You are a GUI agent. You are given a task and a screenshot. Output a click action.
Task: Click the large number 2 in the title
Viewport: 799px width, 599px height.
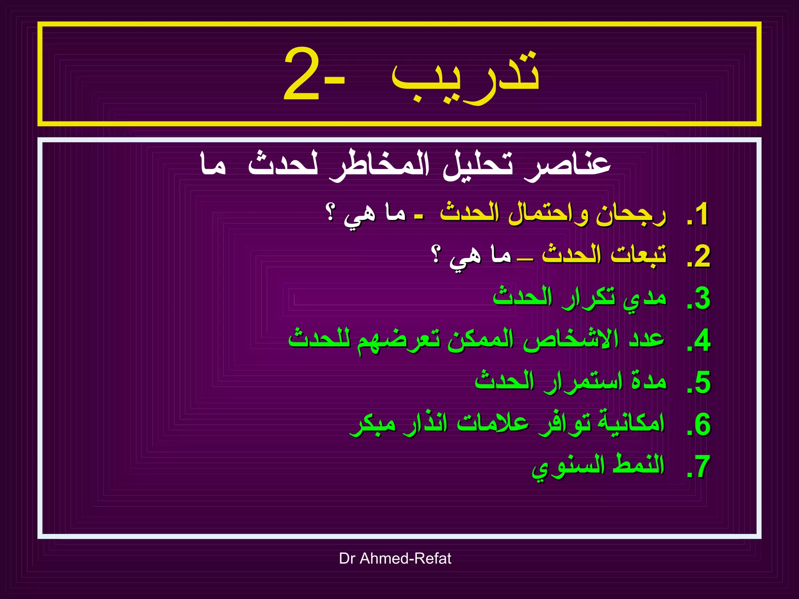tap(302, 74)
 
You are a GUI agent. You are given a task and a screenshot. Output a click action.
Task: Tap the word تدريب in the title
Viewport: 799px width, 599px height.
tap(466, 76)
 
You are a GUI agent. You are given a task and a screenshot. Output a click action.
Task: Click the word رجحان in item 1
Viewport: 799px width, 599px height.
tap(631, 214)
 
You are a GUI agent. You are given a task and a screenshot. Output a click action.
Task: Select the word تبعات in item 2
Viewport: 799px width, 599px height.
tap(638, 255)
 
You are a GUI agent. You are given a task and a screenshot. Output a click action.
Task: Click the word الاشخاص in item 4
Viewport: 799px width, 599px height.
tap(571, 339)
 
